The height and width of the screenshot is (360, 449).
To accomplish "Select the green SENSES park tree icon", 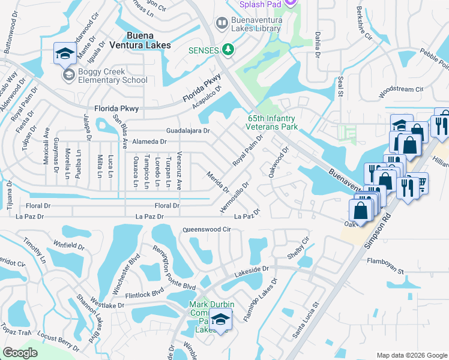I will coord(228,50).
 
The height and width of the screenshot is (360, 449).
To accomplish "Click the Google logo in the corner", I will coord(20,352).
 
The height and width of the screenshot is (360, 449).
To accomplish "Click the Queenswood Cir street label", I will coord(206,229).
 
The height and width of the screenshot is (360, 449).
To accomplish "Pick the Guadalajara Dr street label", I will coord(188,130).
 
